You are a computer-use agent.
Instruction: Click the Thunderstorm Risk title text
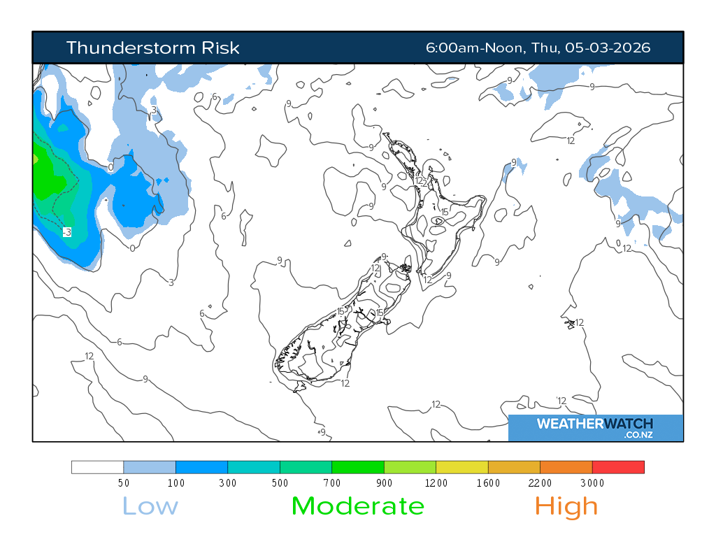tap(152, 48)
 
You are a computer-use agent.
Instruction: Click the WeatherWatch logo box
tap(595, 428)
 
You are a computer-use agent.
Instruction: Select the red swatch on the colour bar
tap(618, 467)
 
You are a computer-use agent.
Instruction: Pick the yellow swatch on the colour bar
tap(462, 467)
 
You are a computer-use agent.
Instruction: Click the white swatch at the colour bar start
tap(98, 467)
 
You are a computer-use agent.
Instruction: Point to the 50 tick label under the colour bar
tap(124, 483)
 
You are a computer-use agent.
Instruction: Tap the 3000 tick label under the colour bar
tap(592, 483)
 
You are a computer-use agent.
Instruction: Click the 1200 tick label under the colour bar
tap(436, 483)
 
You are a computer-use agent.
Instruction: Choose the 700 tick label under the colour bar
tap(332, 483)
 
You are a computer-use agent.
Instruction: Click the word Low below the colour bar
tap(150, 506)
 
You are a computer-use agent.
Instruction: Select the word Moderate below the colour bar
tap(357, 506)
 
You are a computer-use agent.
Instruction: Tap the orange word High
tap(566, 506)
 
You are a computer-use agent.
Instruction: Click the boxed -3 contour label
tap(66, 232)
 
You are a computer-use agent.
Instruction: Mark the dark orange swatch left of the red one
tap(566, 467)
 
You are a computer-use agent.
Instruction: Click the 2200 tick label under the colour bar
tap(540, 483)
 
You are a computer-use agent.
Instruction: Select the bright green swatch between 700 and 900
tap(358, 467)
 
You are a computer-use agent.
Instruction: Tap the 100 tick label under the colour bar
tap(176, 483)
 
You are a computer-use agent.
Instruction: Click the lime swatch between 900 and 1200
tap(410, 467)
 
